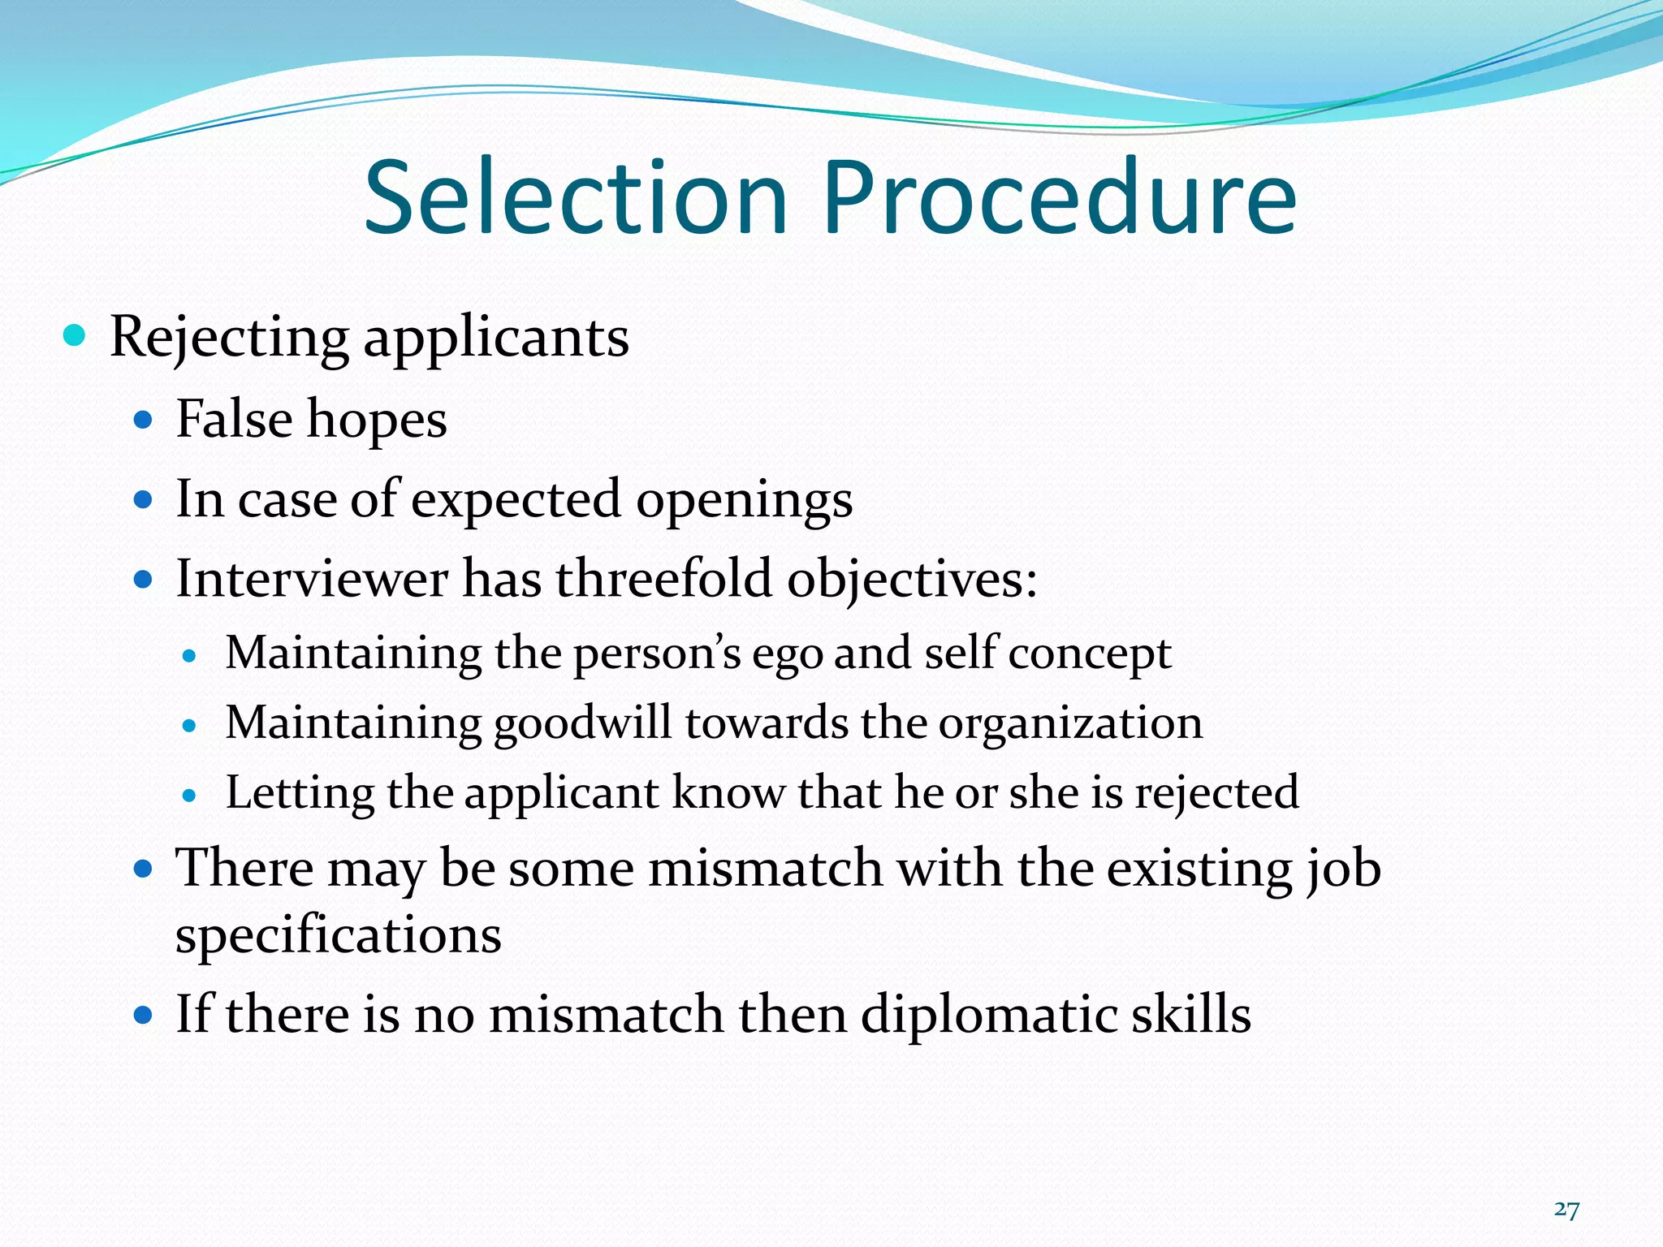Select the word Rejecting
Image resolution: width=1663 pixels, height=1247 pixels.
(229, 338)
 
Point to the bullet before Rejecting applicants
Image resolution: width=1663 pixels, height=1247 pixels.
(74, 334)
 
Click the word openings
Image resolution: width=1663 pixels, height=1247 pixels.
(744, 501)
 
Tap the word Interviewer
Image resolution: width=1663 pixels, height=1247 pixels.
(312, 579)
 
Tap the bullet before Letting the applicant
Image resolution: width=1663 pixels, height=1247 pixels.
(190, 796)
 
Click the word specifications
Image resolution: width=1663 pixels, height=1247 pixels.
(338, 935)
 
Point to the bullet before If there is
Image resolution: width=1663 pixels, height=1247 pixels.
(144, 1015)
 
